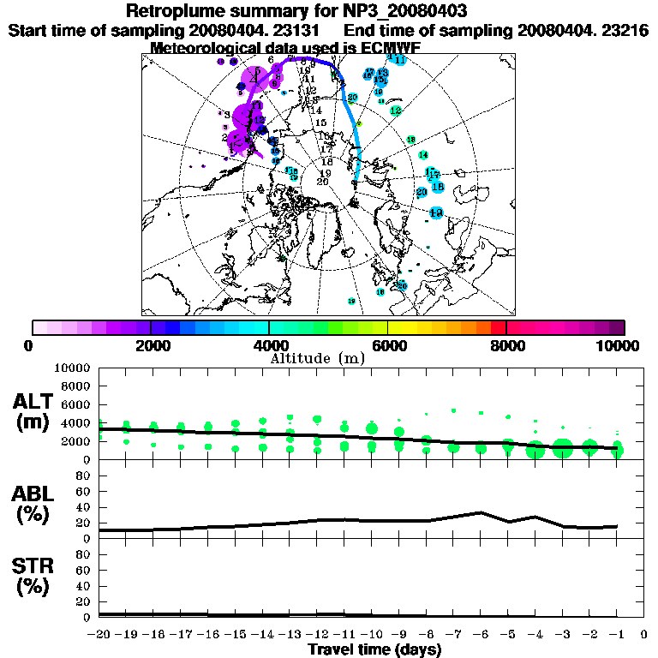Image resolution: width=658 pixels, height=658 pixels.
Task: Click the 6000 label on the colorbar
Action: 387,345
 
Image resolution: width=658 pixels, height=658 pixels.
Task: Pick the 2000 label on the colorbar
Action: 150,345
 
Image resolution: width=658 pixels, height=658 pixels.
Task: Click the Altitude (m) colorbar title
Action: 319,357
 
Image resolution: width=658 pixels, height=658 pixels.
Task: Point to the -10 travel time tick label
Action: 371,635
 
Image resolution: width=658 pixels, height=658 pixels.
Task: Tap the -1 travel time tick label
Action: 615,635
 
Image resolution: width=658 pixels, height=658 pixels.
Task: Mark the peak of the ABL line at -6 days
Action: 481,512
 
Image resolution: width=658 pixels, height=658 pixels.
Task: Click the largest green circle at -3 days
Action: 563,448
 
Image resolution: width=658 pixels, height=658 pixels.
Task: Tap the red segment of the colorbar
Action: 498,327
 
